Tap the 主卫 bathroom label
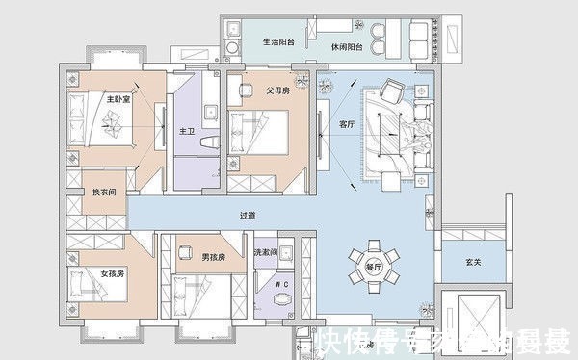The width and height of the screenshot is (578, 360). pyautogui.click(x=187, y=130)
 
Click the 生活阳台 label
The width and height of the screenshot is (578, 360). pyautogui.click(x=279, y=41)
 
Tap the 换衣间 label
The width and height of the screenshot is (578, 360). pyautogui.click(x=104, y=193)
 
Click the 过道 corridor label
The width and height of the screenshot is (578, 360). pyautogui.click(x=248, y=216)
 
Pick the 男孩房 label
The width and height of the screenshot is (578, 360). pyautogui.click(x=213, y=257)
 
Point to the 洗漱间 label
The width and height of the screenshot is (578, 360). pyautogui.click(x=265, y=252)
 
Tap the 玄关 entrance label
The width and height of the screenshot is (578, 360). pyautogui.click(x=472, y=261)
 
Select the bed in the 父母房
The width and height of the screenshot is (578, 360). pyautogui.click(x=260, y=133)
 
